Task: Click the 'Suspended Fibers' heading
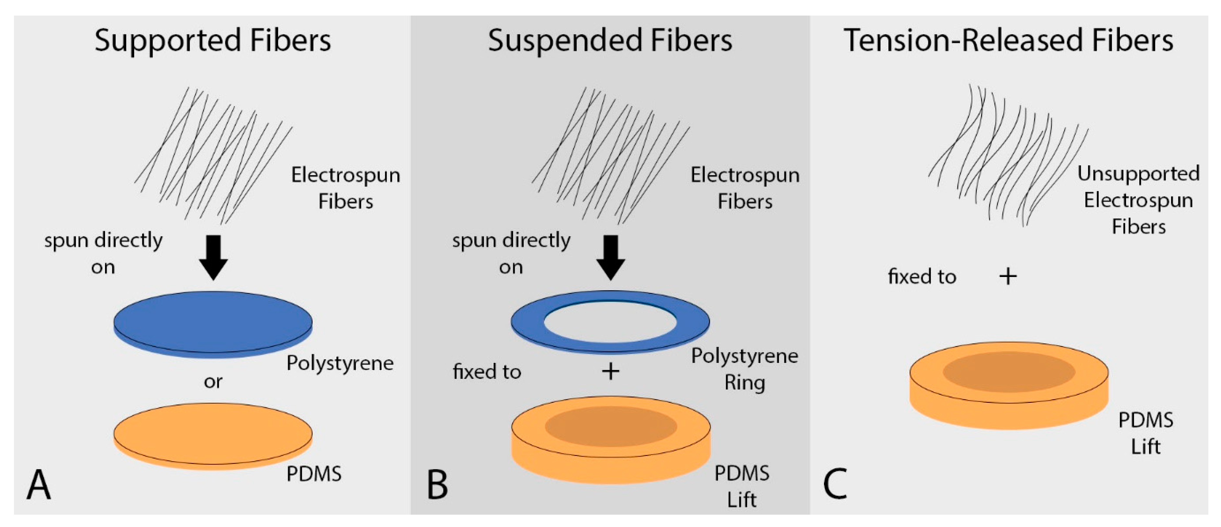click(x=610, y=41)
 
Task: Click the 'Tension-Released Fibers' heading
click(x=1008, y=41)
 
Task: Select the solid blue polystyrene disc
click(x=213, y=323)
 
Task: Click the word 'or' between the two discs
click(x=213, y=382)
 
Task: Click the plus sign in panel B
click(x=611, y=371)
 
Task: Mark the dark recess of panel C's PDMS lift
click(x=1009, y=371)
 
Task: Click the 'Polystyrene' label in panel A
click(x=340, y=363)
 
